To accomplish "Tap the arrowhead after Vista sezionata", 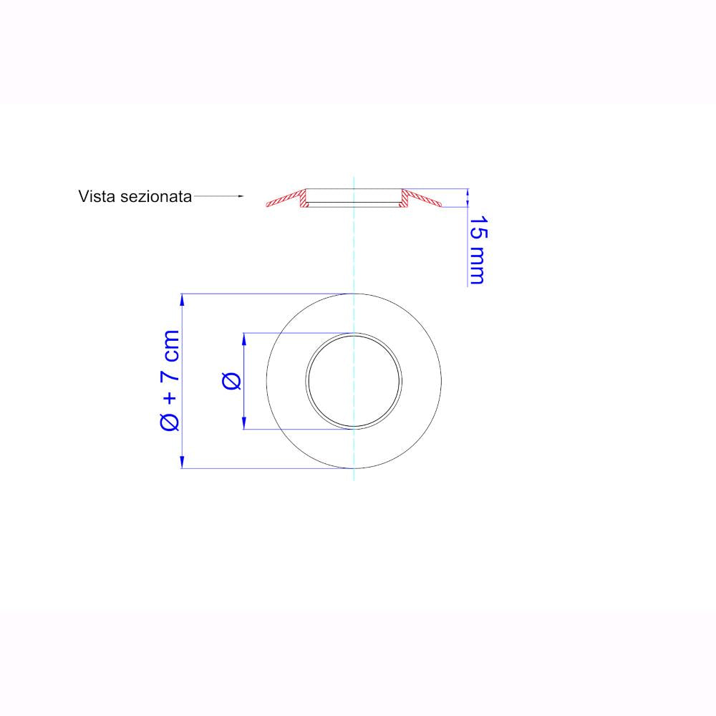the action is point(241,196).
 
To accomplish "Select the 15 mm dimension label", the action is point(478,250).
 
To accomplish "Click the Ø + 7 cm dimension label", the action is point(170,380).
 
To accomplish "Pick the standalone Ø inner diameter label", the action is point(231,381).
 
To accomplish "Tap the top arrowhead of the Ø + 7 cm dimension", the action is point(182,299).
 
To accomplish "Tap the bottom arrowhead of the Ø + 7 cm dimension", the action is point(182,462).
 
